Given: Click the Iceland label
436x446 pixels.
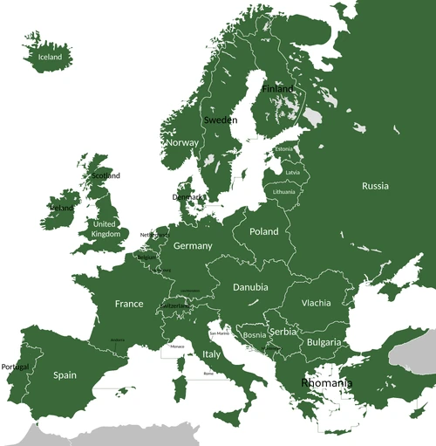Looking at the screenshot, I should coord(50,58).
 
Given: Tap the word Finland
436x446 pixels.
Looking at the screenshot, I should coord(278,89).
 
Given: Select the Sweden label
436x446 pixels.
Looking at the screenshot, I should coord(220,120).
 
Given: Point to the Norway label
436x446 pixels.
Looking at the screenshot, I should coord(182,142).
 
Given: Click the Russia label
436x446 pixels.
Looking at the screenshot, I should coord(375,186).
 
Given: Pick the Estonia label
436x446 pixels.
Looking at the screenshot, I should coord(284,149).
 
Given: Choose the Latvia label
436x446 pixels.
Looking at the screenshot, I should coord(292,172).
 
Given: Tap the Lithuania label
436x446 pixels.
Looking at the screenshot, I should coord(283,191).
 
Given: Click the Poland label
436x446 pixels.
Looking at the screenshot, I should coord(263,231).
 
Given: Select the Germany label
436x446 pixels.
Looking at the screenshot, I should coord(193,246).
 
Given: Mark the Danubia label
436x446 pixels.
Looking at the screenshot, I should coord(250,287).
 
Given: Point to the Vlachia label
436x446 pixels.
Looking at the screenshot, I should coord(316,303).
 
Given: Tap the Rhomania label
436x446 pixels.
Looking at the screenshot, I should coord(327,383).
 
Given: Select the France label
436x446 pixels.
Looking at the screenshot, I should coord(129,304).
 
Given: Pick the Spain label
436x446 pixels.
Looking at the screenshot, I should coord(65,375).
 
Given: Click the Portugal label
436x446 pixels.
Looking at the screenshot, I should coord(15,367).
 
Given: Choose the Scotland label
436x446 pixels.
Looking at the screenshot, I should coord(106,175).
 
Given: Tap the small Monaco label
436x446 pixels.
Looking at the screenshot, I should coord(177,347).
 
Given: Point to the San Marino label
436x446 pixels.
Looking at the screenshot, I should coord(218,333).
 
